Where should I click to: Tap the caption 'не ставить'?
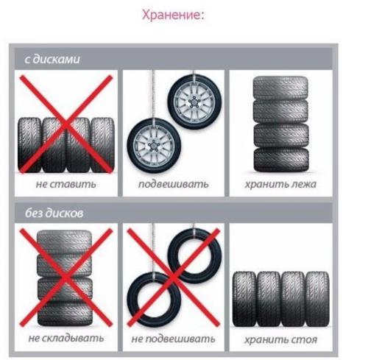[x=64, y=184]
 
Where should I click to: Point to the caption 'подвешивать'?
[x=174, y=184]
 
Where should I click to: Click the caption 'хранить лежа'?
[x=280, y=184]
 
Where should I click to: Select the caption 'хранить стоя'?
[x=280, y=339]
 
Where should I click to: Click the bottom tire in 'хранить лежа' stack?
[x=280, y=158]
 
